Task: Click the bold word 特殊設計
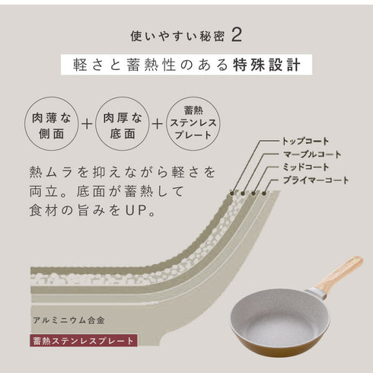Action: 263,65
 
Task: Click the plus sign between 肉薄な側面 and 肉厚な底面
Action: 87,124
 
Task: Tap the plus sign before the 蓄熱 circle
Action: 157,124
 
